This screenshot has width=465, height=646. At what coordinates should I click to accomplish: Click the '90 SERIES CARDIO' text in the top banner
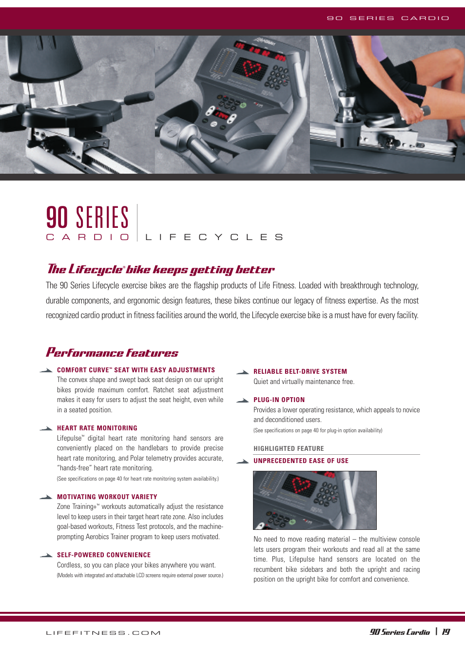tap(387, 18)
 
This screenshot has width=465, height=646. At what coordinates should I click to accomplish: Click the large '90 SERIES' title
tap(88, 218)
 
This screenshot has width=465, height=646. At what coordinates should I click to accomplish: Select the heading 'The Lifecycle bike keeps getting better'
tap(161, 269)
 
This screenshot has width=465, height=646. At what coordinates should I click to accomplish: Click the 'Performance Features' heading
tap(112, 352)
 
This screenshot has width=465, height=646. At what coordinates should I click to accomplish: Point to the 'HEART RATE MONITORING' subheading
tap(97, 428)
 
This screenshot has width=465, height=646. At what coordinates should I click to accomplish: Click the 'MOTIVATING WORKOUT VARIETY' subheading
tap(107, 497)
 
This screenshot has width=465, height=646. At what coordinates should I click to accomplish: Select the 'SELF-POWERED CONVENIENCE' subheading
tap(104, 555)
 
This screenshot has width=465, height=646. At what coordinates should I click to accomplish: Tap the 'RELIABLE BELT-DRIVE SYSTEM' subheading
tap(300, 371)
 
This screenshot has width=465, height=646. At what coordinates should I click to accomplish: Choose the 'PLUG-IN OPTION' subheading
tap(279, 400)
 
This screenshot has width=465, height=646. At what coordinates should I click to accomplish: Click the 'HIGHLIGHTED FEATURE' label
tap(289, 448)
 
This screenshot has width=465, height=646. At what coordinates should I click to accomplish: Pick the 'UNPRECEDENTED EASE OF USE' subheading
tap(301, 461)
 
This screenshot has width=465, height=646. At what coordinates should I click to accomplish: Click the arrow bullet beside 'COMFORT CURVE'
tap(46, 370)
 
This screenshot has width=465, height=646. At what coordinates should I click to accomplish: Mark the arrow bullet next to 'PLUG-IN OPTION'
tap(243, 400)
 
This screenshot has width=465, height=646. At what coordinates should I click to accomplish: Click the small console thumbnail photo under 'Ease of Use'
tap(314, 500)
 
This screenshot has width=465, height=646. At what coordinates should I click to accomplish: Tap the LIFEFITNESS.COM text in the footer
tap(103, 633)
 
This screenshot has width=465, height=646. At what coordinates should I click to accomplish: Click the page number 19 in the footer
tap(446, 632)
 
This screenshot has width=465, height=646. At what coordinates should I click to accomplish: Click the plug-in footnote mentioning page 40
tap(318, 430)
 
